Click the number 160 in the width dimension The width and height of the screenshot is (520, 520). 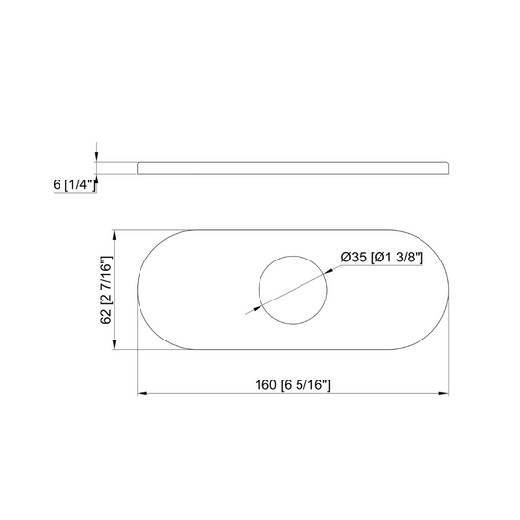click(263, 383)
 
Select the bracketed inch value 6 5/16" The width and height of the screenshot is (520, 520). click(304, 383)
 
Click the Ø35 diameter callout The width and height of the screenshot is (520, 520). click(353, 258)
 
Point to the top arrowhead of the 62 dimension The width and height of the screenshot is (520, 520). click(116, 235)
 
